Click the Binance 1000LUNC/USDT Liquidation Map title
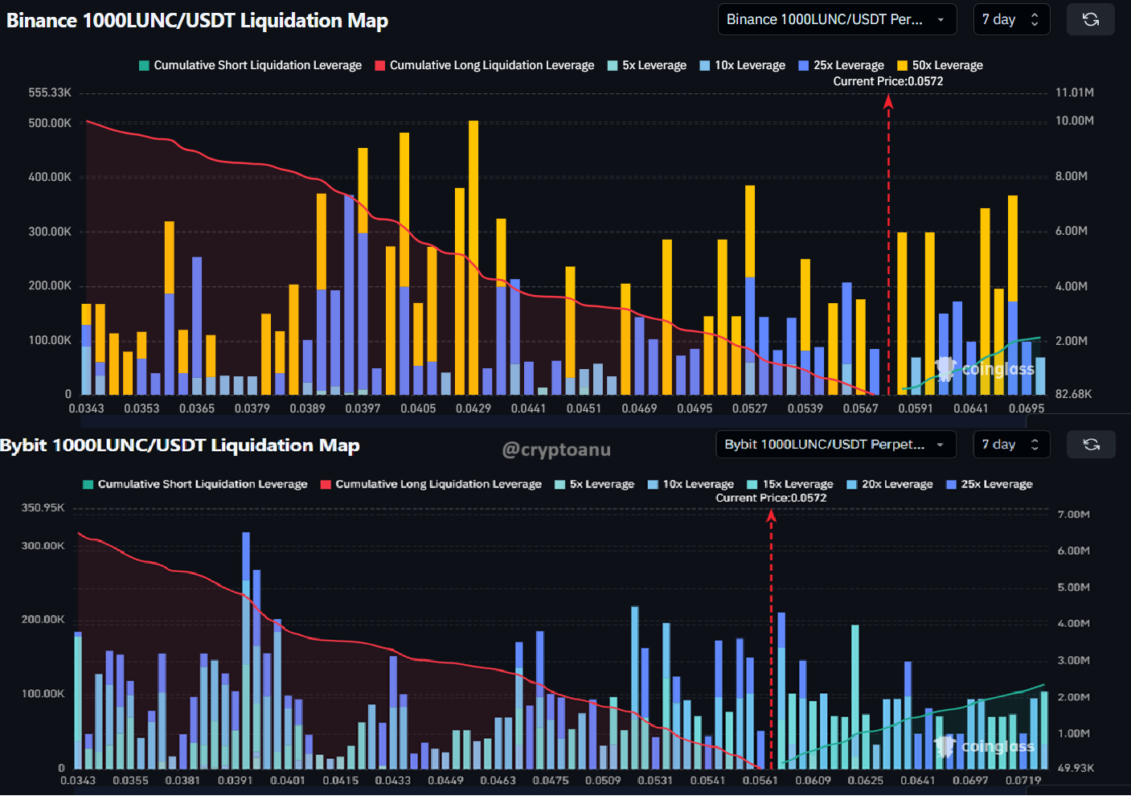(x=197, y=21)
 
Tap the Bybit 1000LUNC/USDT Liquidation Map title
(x=180, y=445)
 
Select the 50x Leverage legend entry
(x=940, y=65)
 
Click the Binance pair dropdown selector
(x=836, y=19)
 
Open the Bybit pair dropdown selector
(x=834, y=445)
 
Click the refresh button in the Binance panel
(x=1090, y=19)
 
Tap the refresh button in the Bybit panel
(x=1090, y=445)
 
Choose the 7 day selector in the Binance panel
(x=1010, y=19)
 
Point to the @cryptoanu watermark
(x=556, y=449)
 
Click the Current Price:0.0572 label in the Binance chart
(x=887, y=81)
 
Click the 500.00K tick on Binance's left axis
(x=50, y=123)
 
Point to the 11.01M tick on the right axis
(x=1074, y=92)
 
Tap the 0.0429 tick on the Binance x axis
(x=473, y=408)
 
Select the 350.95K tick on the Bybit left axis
(x=43, y=507)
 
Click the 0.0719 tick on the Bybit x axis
(x=1022, y=780)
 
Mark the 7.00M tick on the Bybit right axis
(x=1073, y=514)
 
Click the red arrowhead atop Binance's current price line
(x=888, y=101)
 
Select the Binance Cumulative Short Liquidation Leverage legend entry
(x=250, y=65)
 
